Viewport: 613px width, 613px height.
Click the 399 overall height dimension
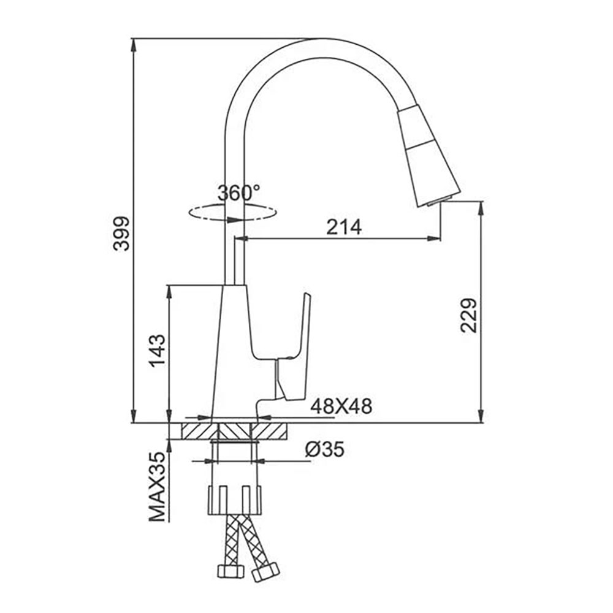click(x=121, y=234)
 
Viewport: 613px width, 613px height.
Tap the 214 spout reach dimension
click(x=344, y=227)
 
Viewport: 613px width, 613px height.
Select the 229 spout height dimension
click(x=469, y=316)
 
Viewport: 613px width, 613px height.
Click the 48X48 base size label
click(x=341, y=406)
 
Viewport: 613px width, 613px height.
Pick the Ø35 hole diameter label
click(x=324, y=449)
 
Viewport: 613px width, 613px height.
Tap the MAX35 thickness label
click(x=157, y=487)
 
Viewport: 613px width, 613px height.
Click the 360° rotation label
click(x=238, y=192)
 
